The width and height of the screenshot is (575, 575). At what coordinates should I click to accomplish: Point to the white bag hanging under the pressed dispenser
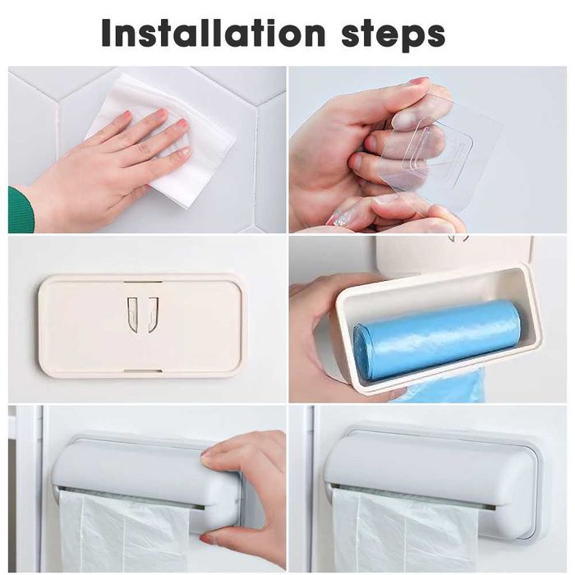(123, 530)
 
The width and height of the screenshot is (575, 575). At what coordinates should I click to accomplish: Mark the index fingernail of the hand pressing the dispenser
(212, 449)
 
